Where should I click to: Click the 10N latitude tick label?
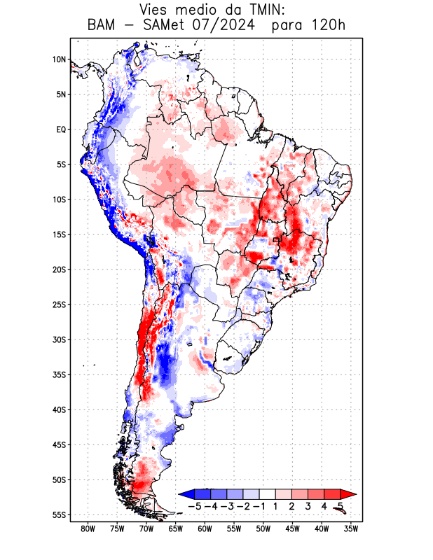[59, 59]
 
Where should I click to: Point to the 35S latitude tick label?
[59, 374]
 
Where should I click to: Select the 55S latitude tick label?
[59, 514]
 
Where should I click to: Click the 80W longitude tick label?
[88, 528]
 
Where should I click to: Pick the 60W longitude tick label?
[205, 528]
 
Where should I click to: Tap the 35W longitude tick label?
[351, 528]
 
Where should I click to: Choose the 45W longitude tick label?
[293, 528]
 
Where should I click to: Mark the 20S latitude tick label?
[59, 269]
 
